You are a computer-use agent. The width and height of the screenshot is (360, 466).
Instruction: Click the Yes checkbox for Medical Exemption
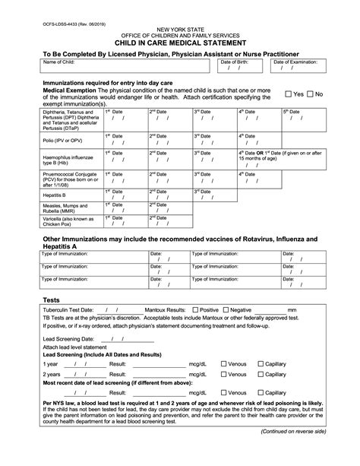coord(289,94)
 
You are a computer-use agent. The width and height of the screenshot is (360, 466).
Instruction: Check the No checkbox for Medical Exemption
coord(311,94)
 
